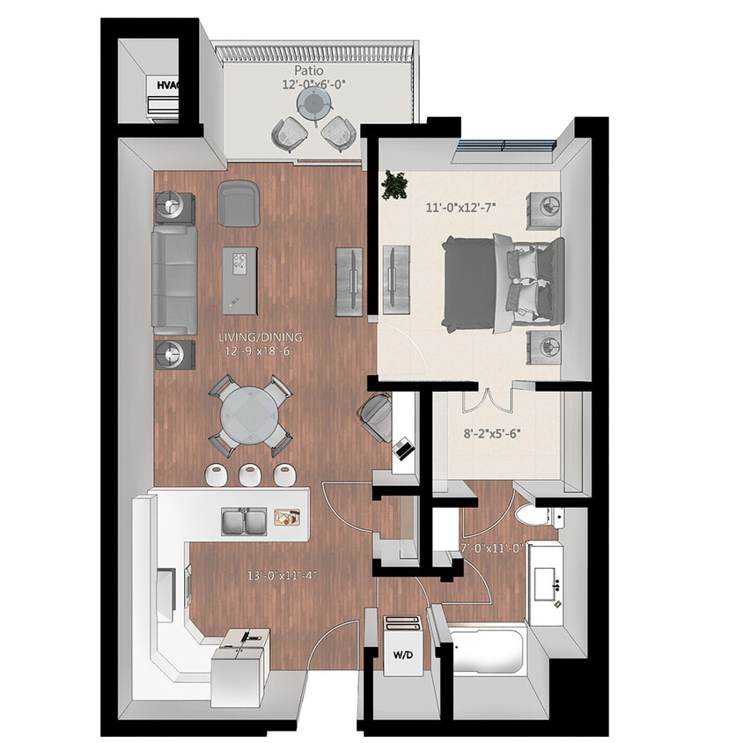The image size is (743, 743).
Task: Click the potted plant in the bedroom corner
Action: tap(394, 185)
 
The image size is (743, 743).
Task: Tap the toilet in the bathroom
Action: tap(531, 516)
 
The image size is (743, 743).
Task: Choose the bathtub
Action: tap(489, 652)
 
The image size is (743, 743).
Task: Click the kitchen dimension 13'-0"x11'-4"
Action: tap(282, 577)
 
